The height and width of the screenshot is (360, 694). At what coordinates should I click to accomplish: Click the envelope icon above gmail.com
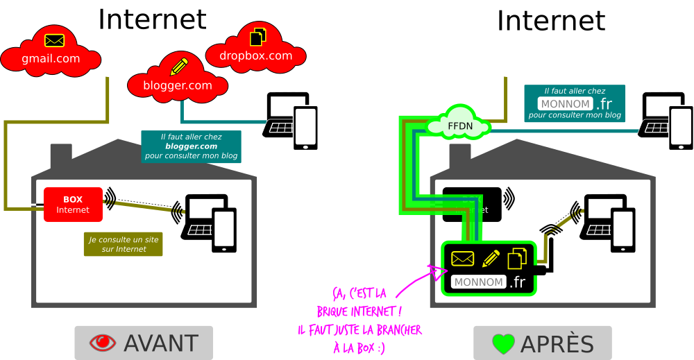click(54, 40)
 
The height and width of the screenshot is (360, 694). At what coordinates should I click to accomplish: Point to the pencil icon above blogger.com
click(179, 67)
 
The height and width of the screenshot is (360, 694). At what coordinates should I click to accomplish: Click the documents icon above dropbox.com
click(257, 35)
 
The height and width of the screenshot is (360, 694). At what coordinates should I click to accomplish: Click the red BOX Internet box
click(73, 205)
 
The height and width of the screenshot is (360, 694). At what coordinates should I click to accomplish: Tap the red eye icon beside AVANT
click(103, 343)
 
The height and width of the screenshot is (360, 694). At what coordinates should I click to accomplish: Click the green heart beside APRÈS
click(502, 343)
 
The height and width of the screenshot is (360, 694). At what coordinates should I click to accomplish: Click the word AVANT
click(161, 343)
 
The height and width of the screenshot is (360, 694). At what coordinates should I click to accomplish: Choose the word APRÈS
click(557, 343)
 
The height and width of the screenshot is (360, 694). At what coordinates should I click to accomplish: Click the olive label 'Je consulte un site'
click(124, 243)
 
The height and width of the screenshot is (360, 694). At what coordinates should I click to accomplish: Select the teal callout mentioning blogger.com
click(191, 146)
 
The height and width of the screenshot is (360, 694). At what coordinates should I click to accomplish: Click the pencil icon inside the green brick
click(491, 259)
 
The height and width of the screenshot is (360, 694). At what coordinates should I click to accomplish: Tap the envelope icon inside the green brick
click(462, 259)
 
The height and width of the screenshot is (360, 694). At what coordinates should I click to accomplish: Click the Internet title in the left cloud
click(152, 19)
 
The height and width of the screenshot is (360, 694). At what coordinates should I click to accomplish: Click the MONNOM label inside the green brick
click(478, 282)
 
